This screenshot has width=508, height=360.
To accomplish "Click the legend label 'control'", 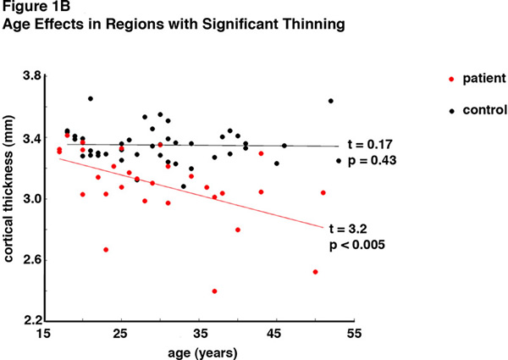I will pyautogui.click(x=488, y=109).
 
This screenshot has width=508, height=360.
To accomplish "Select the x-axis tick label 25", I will pyautogui.click(x=120, y=334).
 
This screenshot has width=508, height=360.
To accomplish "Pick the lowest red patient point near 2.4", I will pyautogui.click(x=214, y=291).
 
